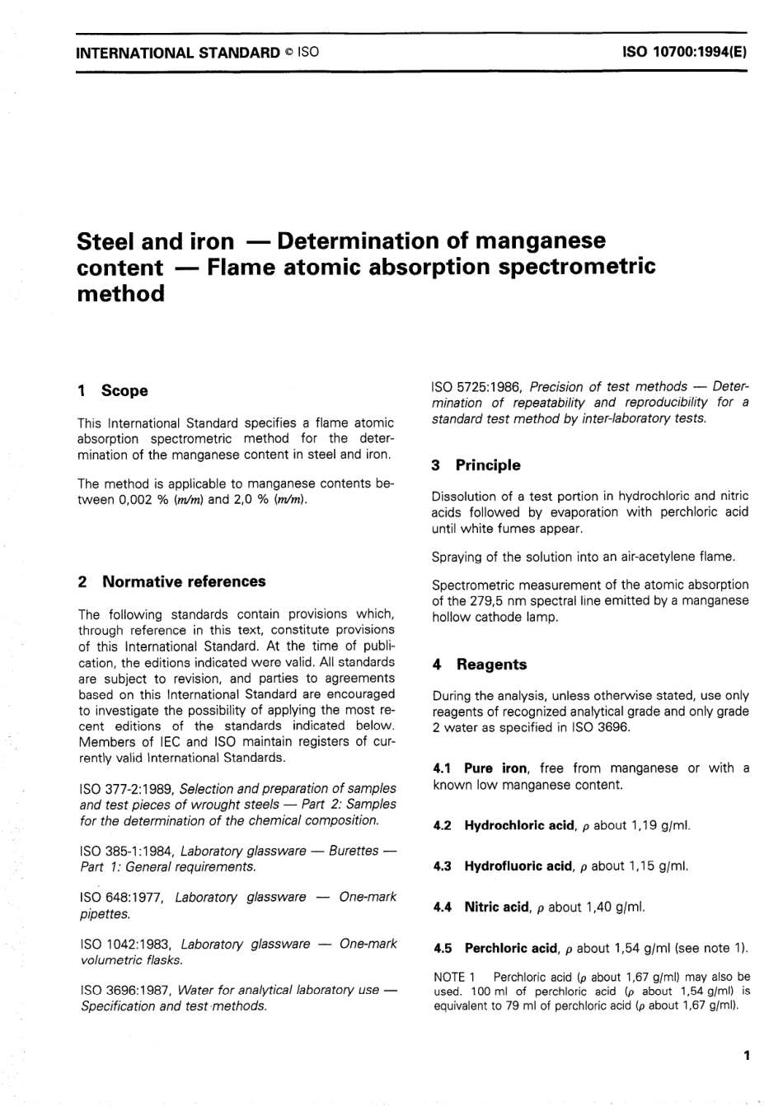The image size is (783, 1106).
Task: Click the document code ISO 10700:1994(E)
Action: click(x=684, y=53)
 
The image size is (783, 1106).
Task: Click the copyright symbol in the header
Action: click(x=289, y=53)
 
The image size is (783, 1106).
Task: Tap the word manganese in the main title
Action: click(x=533, y=241)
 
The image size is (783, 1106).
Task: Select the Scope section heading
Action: click(x=124, y=391)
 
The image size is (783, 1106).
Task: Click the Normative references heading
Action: click(x=184, y=581)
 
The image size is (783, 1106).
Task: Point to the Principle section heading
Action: click(x=488, y=465)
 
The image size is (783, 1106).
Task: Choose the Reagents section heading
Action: click(x=491, y=665)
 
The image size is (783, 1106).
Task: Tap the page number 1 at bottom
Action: click(x=746, y=1055)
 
